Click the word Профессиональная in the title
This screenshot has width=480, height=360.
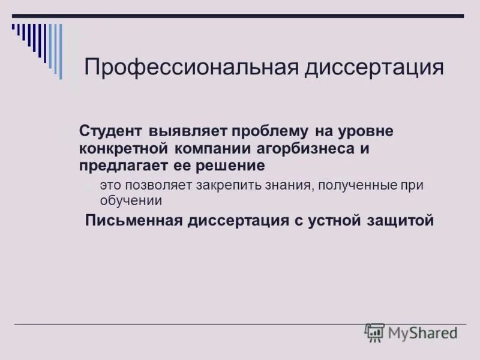point(191,67)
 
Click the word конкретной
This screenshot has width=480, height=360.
point(124,148)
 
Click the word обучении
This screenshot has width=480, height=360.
point(131,201)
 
